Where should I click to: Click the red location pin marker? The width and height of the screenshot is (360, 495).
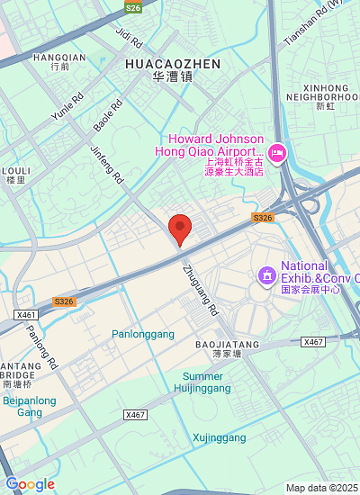click(180, 229)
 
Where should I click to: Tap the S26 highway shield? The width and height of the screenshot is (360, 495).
click(134, 7)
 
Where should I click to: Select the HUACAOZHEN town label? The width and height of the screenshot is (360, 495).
click(174, 64)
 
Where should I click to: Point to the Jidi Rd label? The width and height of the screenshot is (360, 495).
click(130, 37)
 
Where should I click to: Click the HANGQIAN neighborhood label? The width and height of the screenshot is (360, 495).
click(59, 57)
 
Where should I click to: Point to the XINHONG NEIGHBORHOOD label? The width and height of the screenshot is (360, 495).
click(323, 91)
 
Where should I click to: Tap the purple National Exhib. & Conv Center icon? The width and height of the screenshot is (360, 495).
click(266, 274)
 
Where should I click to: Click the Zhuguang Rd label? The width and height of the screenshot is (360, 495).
click(200, 288)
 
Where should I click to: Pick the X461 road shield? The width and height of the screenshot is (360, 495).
click(27, 315)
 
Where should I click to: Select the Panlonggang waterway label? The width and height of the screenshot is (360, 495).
click(143, 334)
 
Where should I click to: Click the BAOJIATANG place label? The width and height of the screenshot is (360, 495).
click(227, 344)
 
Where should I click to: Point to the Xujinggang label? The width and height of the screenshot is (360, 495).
click(219, 438)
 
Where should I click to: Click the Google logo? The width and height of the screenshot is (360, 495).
click(30, 484)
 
